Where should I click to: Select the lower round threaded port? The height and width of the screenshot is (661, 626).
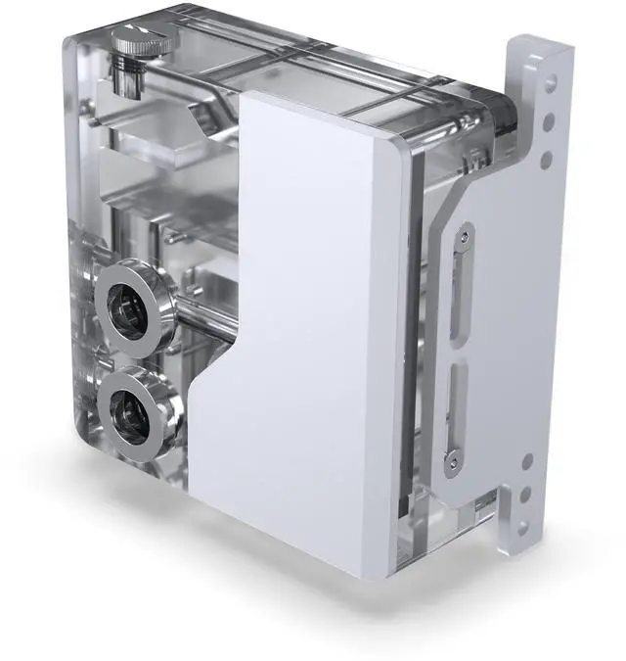pos(134,411)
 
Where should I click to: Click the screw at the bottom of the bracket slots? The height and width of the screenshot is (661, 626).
pos(453,458)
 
